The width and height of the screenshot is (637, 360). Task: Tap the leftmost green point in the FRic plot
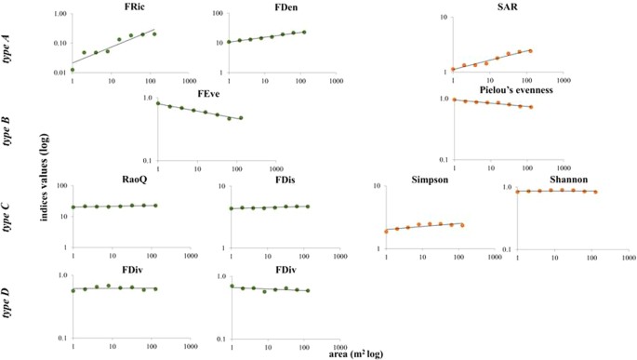[x=73, y=70]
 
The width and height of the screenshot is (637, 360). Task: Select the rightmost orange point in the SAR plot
[x=530, y=51]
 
